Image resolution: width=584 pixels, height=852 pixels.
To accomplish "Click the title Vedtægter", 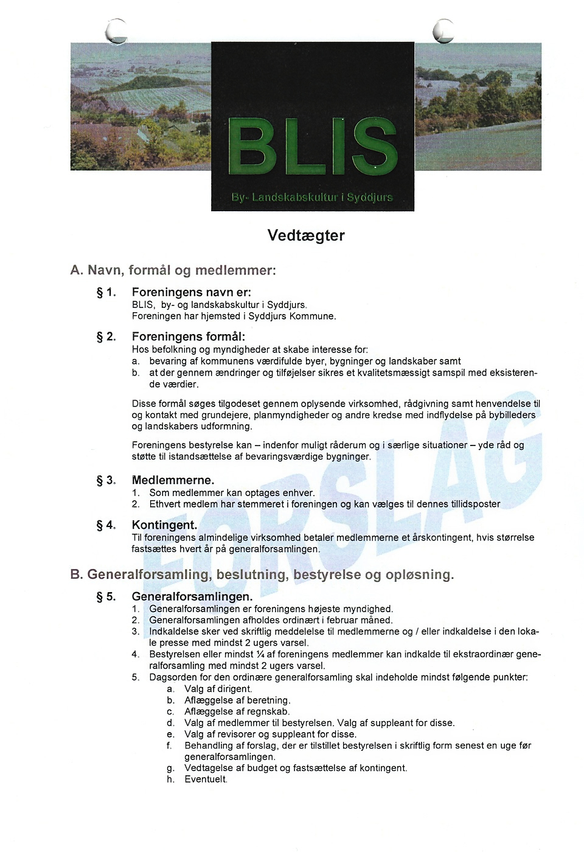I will (306, 236).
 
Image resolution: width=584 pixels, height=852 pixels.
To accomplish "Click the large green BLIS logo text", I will (313, 147).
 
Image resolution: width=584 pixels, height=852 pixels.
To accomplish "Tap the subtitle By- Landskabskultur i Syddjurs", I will (312, 197).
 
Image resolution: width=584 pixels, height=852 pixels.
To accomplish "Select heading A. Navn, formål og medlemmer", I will (173, 270).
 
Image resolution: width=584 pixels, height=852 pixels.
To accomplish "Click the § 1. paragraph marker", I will (106, 293).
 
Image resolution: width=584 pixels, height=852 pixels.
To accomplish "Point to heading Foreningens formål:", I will (189, 337).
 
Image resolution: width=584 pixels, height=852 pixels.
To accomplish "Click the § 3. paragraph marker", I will (106, 480).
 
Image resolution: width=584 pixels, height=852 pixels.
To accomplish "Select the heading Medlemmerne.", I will (173, 480).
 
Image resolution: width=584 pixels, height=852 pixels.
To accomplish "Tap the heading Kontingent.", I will (164, 525).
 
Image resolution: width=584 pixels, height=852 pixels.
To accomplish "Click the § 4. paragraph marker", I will (106, 525).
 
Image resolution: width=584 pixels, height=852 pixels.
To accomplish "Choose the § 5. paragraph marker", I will (106, 596).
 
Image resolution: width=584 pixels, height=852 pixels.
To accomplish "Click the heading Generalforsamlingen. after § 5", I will (192, 596).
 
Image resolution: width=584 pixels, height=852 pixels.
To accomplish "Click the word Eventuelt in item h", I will (206, 779).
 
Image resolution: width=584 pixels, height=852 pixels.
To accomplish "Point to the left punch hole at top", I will (116, 31).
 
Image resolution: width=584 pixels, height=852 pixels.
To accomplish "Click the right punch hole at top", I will (444, 31).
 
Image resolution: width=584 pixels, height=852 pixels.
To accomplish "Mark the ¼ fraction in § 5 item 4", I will (260, 654).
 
